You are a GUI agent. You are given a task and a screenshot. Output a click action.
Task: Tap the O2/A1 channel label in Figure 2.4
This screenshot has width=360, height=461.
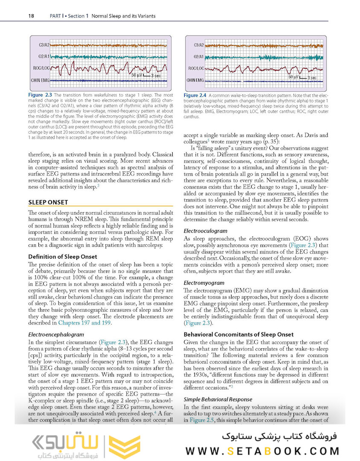pyautogui.click(x=198, y=56)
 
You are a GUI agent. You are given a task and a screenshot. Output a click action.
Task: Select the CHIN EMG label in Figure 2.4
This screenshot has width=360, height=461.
pyautogui.click(x=195, y=80)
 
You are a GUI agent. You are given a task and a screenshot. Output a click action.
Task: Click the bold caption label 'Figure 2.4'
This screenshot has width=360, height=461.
pyautogui.click(x=195, y=95)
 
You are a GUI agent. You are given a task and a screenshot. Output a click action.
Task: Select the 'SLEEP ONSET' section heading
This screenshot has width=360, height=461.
pyautogui.click(x=48, y=202)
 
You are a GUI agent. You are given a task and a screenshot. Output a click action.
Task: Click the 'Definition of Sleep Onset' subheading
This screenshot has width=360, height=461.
pyautogui.click(x=62, y=257)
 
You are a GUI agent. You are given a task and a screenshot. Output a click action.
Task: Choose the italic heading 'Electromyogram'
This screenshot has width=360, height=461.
pyautogui.click(x=206, y=283)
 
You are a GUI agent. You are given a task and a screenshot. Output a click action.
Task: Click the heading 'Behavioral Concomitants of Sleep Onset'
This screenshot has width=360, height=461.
pyautogui.click(x=238, y=334)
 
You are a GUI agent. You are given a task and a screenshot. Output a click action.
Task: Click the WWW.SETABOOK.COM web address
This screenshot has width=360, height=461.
pyautogui.click(x=262, y=451)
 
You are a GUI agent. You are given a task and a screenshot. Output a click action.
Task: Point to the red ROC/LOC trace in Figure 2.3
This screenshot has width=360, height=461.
pyautogui.click(x=107, y=67)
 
